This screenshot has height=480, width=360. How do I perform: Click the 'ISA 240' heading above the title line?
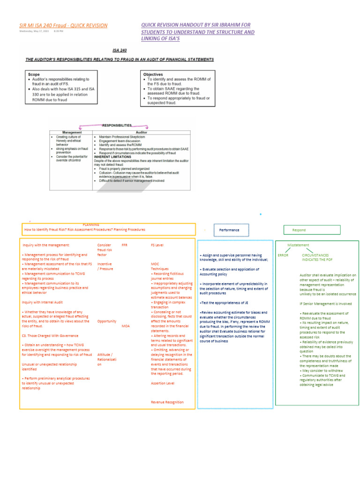pos(120,50)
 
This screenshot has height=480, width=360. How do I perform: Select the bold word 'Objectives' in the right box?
pos(153,74)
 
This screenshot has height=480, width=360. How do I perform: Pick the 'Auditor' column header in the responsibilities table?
pos(142,132)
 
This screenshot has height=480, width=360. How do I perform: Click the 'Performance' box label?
pos(229,230)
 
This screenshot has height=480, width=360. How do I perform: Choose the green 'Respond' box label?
pos(299,230)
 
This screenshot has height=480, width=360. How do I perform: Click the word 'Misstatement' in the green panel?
pos(298,245)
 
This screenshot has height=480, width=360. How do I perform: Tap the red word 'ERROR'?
pos(283,255)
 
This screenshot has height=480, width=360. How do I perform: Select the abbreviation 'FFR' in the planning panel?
pos(124,245)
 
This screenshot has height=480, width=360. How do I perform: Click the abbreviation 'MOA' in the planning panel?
pos(125,325)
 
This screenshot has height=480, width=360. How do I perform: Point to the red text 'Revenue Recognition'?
pos(167,402)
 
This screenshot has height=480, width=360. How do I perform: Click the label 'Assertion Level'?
pos(163,383)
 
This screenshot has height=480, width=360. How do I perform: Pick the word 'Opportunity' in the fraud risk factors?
pos(107,321)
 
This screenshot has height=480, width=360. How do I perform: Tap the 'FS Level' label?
pos(157,245)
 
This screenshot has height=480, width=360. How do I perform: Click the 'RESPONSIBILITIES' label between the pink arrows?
pos(117,125)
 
